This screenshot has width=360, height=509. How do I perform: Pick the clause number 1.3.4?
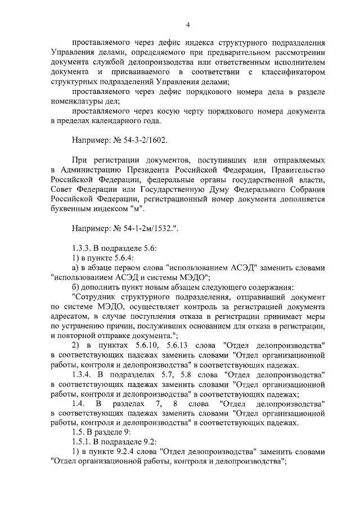click(85, 373)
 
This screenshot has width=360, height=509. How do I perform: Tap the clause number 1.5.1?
click(85, 442)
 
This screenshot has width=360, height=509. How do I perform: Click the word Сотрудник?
click(96, 296)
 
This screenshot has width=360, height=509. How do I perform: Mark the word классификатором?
click(292, 73)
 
